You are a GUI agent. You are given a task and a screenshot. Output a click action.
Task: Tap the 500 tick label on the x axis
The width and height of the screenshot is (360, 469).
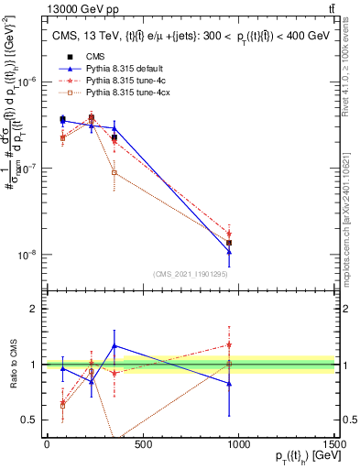[x=142, y=445]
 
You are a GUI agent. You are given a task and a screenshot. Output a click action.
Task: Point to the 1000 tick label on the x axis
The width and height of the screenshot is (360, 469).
[x=238, y=445]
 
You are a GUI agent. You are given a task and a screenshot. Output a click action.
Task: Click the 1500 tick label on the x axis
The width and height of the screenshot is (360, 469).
[x=334, y=445]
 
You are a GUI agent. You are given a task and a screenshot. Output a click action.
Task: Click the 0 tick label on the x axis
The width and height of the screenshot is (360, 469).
[x=46, y=445]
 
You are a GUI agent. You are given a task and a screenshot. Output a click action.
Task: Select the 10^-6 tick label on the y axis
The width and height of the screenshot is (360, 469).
[x=27, y=82]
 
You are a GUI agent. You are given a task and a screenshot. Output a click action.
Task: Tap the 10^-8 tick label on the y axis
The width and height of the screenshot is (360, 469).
[x=27, y=255]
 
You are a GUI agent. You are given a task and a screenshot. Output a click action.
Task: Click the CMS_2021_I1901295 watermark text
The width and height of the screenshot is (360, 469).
[x=191, y=274]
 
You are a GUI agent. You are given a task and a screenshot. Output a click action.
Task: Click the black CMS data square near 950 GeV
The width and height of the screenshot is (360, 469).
[x=229, y=243]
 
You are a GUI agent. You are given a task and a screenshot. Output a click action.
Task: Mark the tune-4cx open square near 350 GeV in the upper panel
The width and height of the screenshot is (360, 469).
[x=114, y=172]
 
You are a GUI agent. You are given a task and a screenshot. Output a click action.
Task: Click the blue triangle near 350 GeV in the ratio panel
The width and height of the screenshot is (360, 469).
[x=114, y=346]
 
